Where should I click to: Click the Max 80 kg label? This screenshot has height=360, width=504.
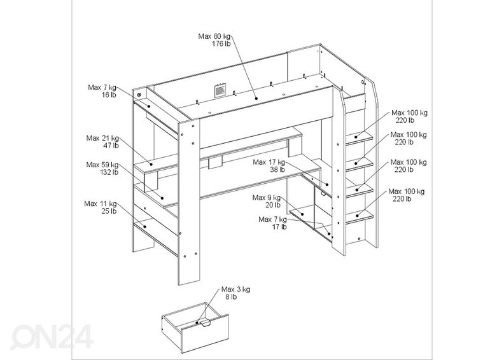214,36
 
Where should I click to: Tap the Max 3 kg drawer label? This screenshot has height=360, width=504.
235,289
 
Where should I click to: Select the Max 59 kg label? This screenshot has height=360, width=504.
102,165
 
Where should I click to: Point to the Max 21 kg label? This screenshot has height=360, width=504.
102,138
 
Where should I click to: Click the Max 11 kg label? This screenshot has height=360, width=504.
101,204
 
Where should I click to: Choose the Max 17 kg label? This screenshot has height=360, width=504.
269,162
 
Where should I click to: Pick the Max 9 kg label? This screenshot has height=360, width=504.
267,197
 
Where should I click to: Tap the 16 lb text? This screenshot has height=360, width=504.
109,95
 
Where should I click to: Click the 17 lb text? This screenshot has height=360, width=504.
279,226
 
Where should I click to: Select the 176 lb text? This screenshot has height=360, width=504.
221,44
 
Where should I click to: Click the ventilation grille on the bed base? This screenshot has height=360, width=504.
220,90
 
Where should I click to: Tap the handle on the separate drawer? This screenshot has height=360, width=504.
204,323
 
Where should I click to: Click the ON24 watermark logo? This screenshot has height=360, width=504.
52,336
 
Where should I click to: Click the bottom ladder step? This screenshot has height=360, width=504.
360,215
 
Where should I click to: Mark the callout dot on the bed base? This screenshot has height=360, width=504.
256,99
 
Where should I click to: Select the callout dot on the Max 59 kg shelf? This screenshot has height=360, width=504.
162,198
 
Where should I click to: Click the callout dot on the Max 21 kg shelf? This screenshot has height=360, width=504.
150,164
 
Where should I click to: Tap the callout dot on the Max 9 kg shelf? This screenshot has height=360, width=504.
302,214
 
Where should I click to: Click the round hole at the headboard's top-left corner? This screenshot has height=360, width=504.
139,95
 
